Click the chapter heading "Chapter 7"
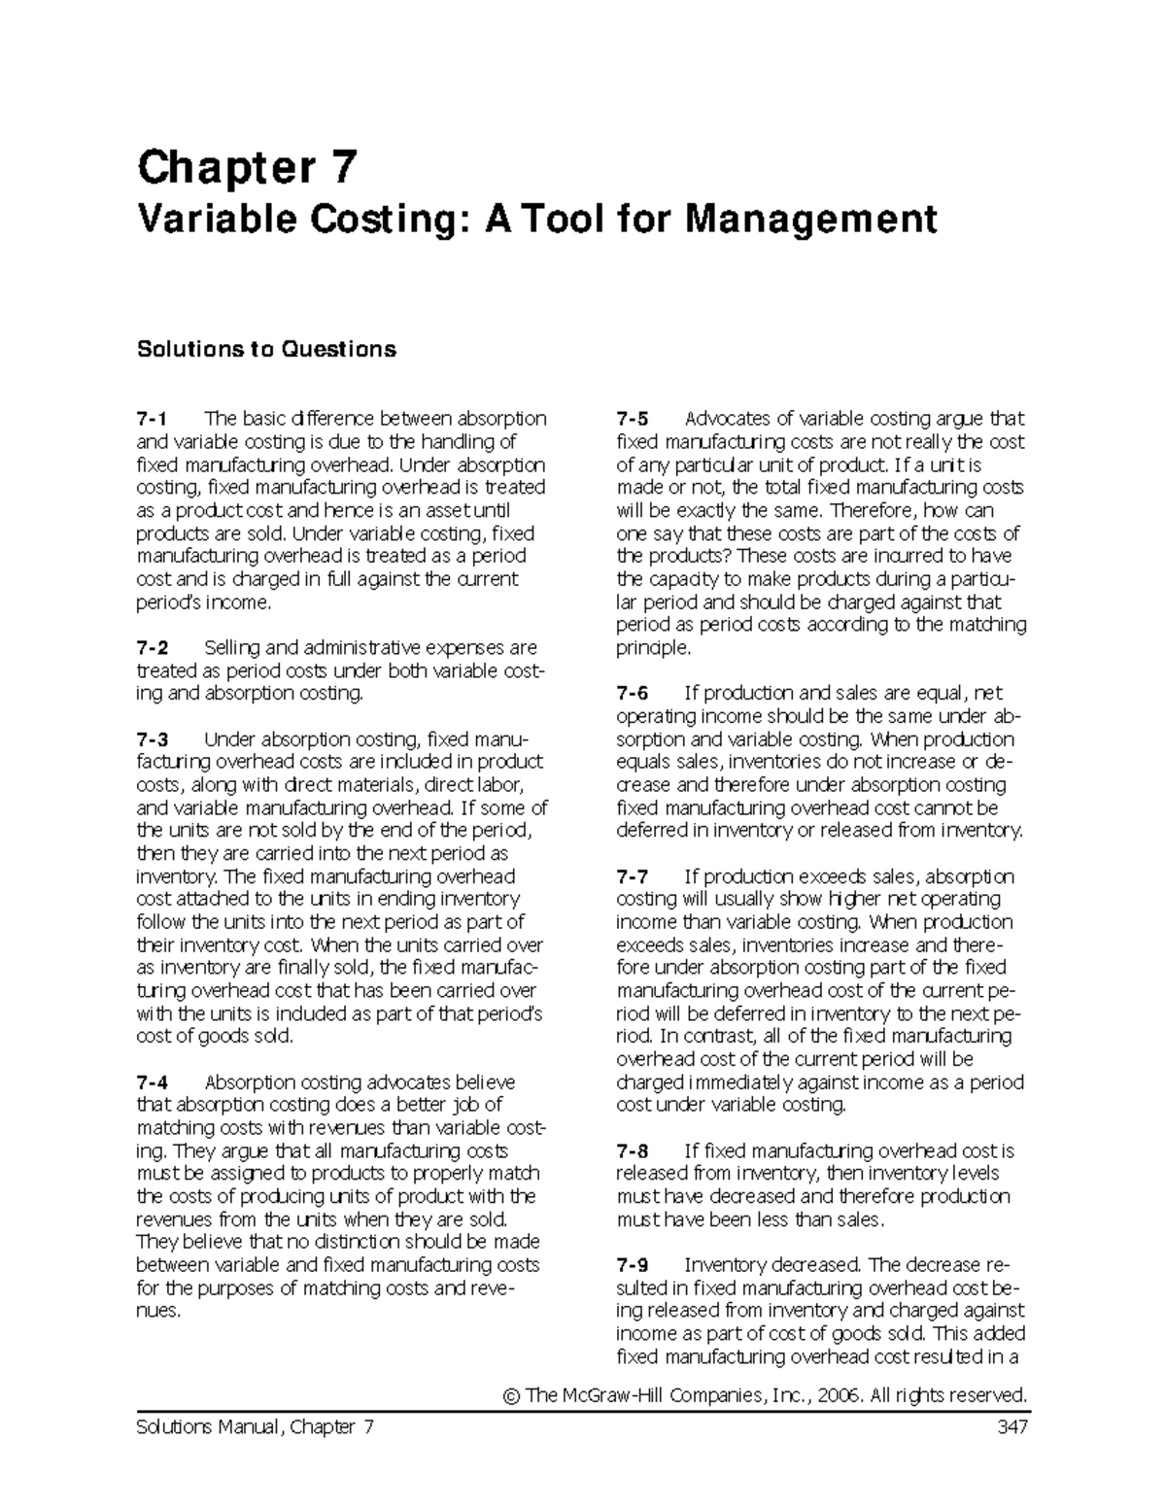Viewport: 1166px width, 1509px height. click(x=248, y=167)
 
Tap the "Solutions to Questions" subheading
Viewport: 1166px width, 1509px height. click(x=266, y=349)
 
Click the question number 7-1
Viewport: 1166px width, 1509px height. click(x=152, y=419)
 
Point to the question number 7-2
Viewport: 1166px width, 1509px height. click(x=152, y=647)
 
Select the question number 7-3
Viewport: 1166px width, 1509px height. click(x=152, y=739)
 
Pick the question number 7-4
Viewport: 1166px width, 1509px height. click(x=152, y=1082)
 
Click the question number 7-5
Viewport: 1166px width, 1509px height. click(x=632, y=419)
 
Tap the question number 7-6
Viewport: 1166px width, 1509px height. click(x=632, y=693)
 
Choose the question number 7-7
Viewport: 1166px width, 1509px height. click(x=632, y=876)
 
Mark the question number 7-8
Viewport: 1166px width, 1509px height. click(x=632, y=1150)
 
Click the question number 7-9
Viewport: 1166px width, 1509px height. click(x=632, y=1265)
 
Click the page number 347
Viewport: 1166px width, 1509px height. click(x=1010, y=1427)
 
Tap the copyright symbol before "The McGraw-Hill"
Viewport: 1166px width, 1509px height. click(x=512, y=1396)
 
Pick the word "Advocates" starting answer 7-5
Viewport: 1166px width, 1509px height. click(x=726, y=419)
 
